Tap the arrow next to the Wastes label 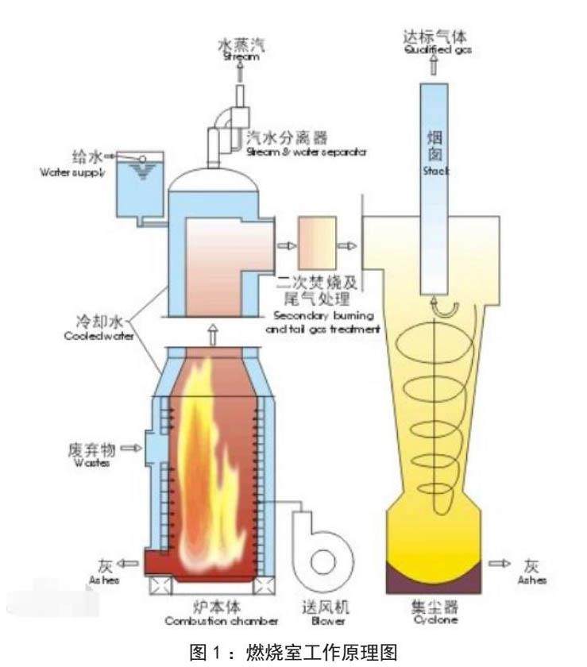[x=130, y=450]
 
